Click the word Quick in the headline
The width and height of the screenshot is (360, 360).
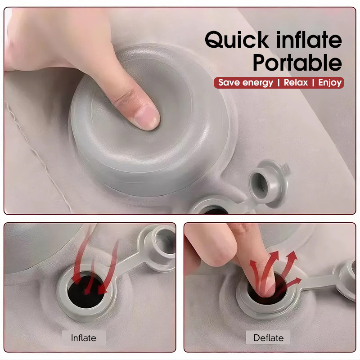click(237, 40)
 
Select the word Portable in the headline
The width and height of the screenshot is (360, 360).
click(297, 63)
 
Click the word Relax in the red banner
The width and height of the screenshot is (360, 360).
click(296, 82)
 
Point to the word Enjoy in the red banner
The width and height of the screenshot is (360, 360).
click(330, 83)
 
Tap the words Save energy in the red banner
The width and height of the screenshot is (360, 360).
click(246, 83)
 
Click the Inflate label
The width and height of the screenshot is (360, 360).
click(84, 338)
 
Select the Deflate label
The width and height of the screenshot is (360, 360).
click(268, 338)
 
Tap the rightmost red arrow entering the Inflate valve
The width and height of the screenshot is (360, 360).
click(110, 269)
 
